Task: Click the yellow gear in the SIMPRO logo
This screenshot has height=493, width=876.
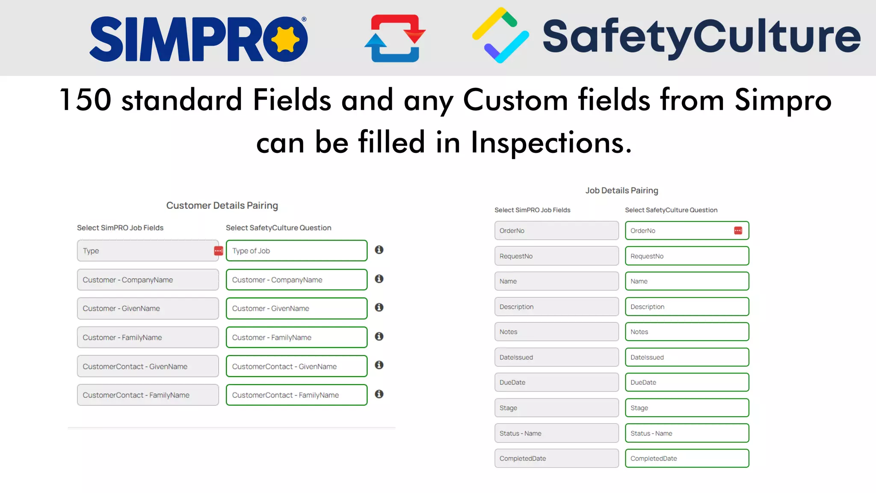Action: tap(285, 39)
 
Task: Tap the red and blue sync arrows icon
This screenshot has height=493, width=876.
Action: tap(395, 39)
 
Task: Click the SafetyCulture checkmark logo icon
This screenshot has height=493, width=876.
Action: tap(500, 36)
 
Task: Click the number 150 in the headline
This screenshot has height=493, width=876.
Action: tap(86, 100)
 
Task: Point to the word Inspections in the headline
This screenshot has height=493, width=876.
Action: tap(551, 143)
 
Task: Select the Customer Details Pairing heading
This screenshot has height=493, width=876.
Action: tap(222, 205)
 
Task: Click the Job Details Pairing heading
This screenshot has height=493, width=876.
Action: tap(621, 190)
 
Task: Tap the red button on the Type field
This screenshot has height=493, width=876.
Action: tap(218, 251)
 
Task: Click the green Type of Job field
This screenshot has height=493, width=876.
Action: tap(296, 251)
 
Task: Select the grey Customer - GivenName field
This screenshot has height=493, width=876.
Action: tap(148, 309)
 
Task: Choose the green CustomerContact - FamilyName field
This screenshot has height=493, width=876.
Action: tap(296, 395)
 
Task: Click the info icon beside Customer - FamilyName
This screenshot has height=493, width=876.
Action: tap(379, 336)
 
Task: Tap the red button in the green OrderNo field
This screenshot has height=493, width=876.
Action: tap(738, 231)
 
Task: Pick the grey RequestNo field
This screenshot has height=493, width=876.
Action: tap(556, 256)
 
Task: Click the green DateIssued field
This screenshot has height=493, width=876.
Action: tap(687, 357)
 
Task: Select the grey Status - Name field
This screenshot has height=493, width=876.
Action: tap(556, 433)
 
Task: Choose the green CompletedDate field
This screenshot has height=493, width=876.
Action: tap(687, 458)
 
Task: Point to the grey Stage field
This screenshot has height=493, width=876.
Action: tap(556, 408)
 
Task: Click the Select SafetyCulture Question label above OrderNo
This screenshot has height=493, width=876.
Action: tap(671, 210)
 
